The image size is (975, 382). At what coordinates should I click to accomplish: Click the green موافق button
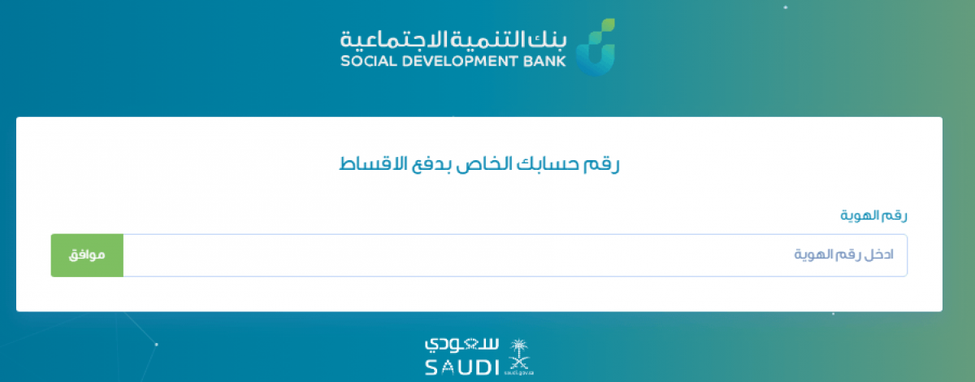coord(87,255)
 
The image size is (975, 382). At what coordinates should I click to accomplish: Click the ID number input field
coord(515,255)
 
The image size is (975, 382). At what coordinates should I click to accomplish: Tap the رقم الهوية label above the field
coord(873,215)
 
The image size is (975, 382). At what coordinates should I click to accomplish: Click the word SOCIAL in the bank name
coord(369,61)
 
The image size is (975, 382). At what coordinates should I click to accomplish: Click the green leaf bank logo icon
coord(596,47)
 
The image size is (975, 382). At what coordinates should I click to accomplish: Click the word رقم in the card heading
coord(601,164)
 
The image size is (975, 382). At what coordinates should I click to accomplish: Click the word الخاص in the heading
coord(483,163)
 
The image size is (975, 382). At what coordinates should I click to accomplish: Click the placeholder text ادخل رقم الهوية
coord(843,254)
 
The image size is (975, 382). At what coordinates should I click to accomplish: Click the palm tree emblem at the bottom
coord(519,355)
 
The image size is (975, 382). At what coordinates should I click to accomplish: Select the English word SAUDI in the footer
coord(461,368)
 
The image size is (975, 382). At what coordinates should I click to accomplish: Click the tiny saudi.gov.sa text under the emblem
coord(519,373)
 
